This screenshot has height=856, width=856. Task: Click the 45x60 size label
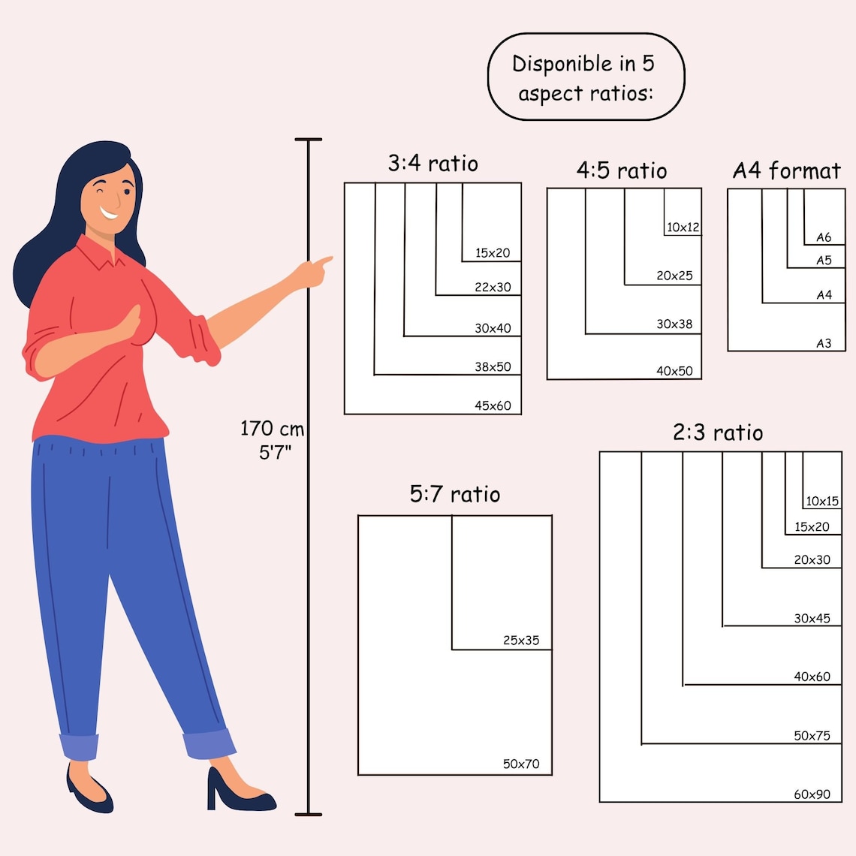pos(493,405)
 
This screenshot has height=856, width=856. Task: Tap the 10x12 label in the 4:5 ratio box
pos(683,227)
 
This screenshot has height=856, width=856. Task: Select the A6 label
pos(823,237)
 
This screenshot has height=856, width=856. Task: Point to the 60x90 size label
pos(812,794)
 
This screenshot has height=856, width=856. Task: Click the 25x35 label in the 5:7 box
pos(521,640)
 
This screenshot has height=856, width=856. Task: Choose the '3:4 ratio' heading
pos(433,163)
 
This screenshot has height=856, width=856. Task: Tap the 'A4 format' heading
pos(786,171)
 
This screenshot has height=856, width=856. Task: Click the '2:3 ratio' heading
pos(718,433)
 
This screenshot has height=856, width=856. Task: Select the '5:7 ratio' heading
pos(455,494)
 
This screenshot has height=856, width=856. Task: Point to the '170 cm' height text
pos(272,429)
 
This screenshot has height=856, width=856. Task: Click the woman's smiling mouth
pos(109,212)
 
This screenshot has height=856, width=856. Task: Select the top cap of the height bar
pos(309,140)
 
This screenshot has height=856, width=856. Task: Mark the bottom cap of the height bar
pos(309,815)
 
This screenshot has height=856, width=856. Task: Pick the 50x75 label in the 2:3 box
pos(812,736)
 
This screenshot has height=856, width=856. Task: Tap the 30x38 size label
pos(674,324)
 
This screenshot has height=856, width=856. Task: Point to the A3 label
pos(823,343)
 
